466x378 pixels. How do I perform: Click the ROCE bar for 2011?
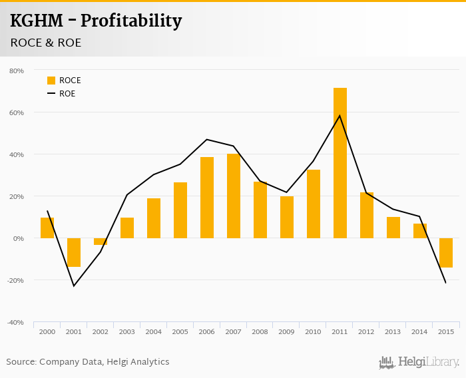tap(340, 163)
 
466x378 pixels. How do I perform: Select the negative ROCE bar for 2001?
tap(74, 252)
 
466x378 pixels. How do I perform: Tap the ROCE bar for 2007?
tap(234, 196)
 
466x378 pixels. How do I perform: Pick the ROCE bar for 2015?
tap(446, 253)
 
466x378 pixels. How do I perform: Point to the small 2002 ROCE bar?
tap(101, 242)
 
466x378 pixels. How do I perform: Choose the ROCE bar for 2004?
tap(154, 218)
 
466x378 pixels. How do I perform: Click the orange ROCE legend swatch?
tap(51, 81)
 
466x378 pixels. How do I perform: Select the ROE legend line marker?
tap(51, 94)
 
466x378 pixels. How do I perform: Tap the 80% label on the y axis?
tap(17, 71)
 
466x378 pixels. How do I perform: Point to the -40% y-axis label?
tap(15, 322)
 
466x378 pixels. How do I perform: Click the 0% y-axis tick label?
tap(19, 238)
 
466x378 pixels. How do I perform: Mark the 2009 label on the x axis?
tap(287, 331)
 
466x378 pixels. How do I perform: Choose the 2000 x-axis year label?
tap(47, 331)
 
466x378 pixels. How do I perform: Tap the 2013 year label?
tap(393, 331)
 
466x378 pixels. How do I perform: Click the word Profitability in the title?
tap(130, 21)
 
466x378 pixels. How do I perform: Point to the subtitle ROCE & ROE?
tap(46, 43)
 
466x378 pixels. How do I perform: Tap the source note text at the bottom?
tap(88, 362)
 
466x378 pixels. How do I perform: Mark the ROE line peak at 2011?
tap(340, 116)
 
